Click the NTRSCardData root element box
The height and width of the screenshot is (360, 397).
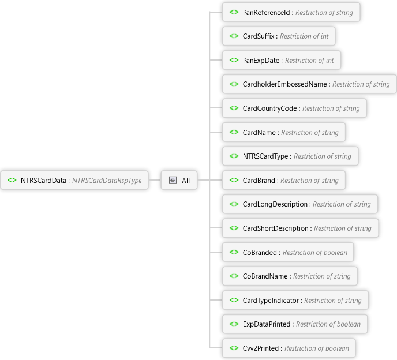pyautogui.click(x=74, y=181)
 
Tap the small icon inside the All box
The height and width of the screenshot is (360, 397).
pyautogui.click(x=173, y=181)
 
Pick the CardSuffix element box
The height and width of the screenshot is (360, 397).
pyautogui.click(x=279, y=36)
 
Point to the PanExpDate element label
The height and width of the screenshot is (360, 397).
pyautogui.click(x=261, y=60)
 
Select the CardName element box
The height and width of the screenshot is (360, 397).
pyautogui.click(x=283, y=132)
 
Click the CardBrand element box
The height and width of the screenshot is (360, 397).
pyautogui.click(x=283, y=181)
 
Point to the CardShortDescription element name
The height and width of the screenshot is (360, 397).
pyautogui.click(x=276, y=228)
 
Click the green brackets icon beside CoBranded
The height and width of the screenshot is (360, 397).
pyautogui.click(x=234, y=253)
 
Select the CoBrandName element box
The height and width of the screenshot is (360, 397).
pyautogui.click(x=289, y=276)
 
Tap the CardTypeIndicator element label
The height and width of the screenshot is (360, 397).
pyautogui.click(x=271, y=301)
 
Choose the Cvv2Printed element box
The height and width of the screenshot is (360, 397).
pyautogui.click(x=289, y=348)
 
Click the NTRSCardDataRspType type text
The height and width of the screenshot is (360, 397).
pyautogui.click(x=107, y=181)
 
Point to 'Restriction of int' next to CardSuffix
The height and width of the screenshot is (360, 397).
pyautogui.click(x=305, y=36)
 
